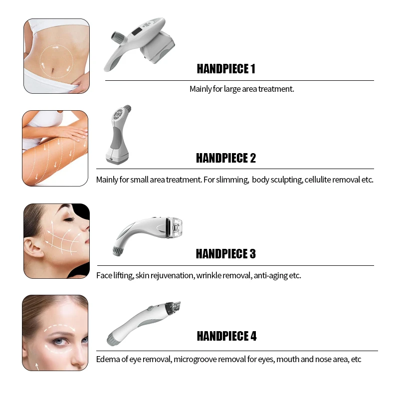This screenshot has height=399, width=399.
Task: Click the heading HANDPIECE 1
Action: (x=226, y=69)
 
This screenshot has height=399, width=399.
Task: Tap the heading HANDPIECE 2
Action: (x=226, y=158)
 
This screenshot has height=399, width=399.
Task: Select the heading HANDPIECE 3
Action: (x=226, y=254)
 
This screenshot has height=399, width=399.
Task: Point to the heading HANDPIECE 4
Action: (x=227, y=336)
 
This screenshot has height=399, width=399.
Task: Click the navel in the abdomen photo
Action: (x=53, y=70)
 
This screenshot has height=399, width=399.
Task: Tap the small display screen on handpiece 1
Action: (x=137, y=32)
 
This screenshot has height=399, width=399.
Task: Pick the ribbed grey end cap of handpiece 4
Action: (x=111, y=340)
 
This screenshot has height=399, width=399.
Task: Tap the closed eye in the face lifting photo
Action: (x=68, y=219)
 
